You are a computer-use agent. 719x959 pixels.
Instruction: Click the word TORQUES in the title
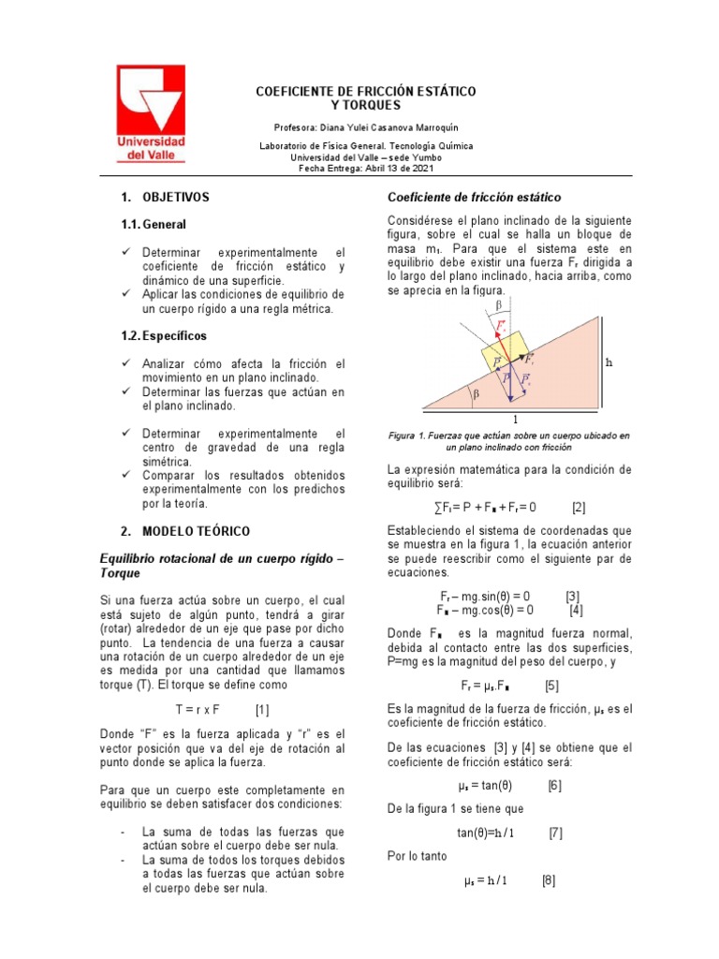366,106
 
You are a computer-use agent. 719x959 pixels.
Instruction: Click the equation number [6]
554,786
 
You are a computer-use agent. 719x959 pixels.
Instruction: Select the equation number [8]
549,881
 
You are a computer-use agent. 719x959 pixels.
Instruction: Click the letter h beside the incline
609,361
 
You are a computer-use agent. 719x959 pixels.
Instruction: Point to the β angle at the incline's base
476,395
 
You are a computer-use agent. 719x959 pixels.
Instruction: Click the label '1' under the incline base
514,420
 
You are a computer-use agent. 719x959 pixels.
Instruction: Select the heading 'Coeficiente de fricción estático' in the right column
474,198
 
